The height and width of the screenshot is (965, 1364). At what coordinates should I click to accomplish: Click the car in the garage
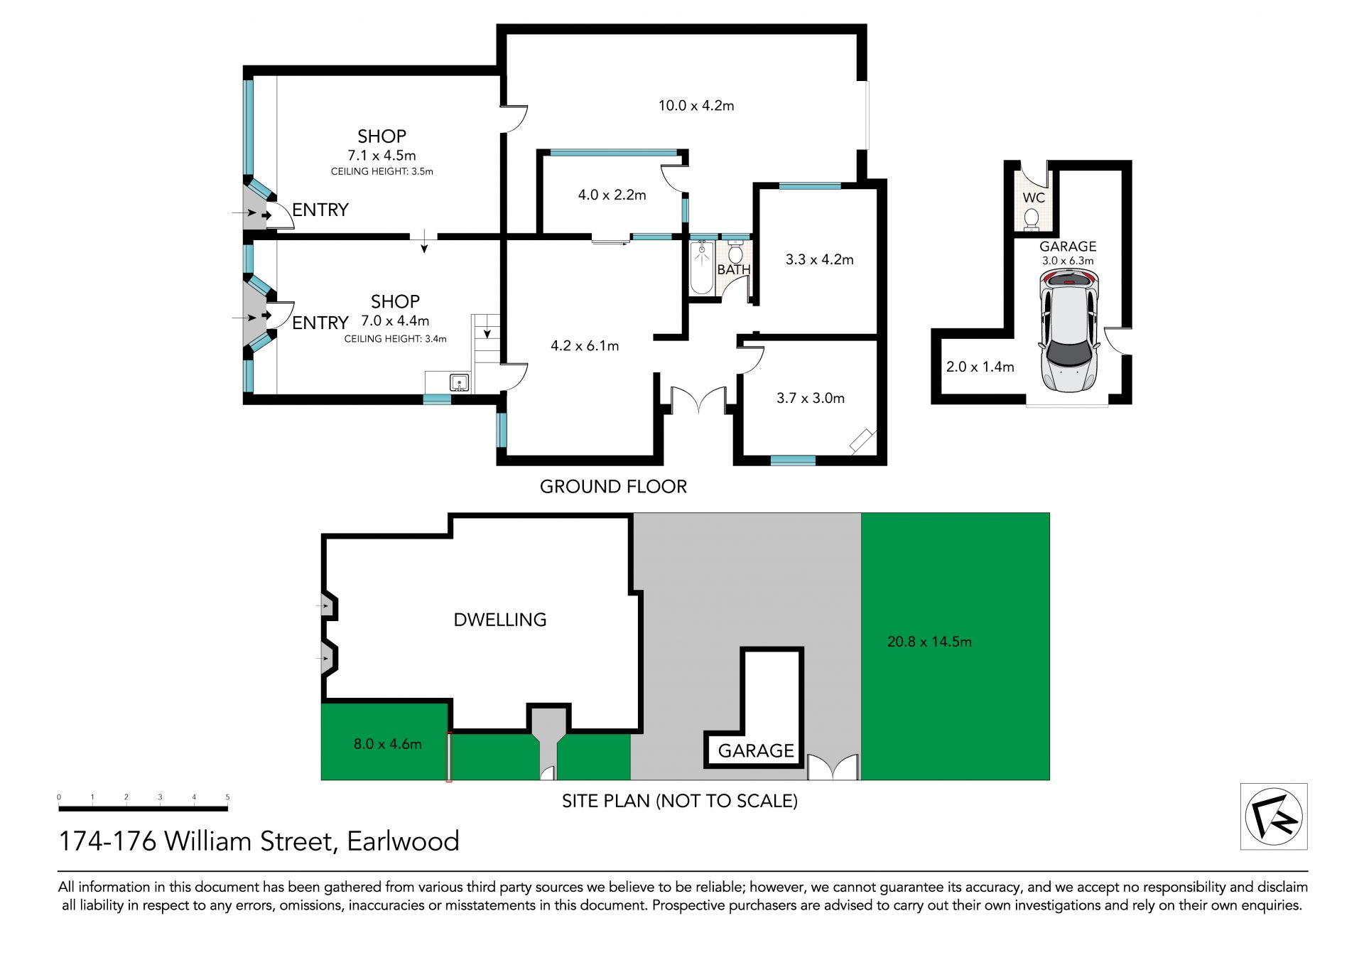1068,331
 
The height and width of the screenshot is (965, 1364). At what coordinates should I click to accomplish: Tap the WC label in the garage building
1034,198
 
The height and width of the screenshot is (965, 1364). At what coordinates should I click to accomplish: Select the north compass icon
1274,816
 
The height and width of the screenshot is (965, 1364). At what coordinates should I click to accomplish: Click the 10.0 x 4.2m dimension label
696,106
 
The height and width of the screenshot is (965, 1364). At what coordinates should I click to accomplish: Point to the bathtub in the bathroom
702,267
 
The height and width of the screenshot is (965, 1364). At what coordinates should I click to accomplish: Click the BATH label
734,270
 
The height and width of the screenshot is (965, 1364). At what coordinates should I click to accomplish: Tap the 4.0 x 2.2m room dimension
612,195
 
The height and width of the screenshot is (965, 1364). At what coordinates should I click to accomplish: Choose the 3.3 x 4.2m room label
819,260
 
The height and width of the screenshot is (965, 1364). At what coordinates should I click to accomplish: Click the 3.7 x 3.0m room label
811,399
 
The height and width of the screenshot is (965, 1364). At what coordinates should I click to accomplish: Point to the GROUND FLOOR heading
613,487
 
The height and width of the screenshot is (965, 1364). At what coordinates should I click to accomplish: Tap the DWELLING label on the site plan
500,620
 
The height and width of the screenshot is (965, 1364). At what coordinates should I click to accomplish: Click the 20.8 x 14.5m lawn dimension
929,642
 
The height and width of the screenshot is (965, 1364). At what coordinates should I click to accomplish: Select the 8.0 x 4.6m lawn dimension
387,744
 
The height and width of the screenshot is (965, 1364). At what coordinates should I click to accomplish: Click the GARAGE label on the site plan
756,751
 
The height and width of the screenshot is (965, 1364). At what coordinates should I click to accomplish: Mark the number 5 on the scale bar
227,797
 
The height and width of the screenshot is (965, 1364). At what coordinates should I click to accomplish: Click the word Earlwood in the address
403,841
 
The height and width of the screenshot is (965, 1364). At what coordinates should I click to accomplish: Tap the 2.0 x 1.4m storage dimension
980,367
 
